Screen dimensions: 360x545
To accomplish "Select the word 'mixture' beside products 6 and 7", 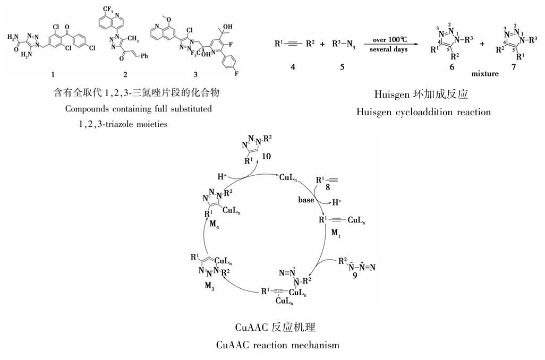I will tap(484, 73).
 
